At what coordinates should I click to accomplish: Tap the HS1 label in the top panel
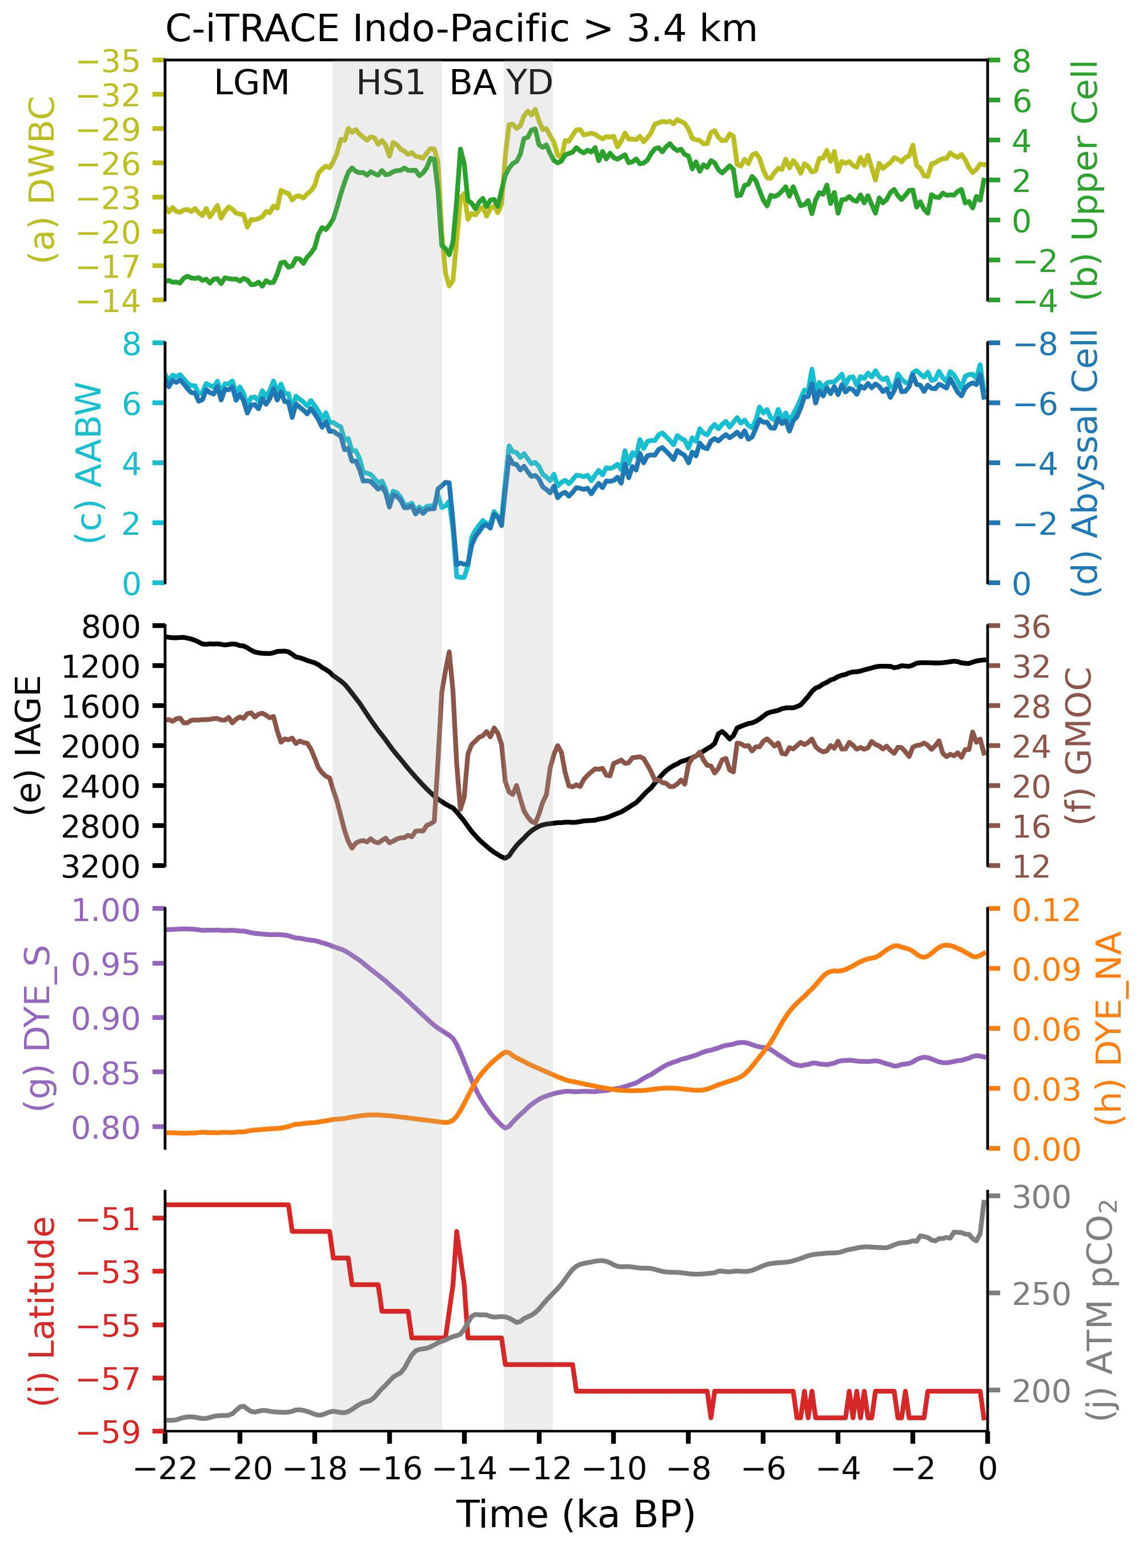click(390, 83)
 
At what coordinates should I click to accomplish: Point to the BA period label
click(473, 83)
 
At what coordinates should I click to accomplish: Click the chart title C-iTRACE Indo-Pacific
click(460, 29)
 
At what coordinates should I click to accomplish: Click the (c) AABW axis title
click(90, 463)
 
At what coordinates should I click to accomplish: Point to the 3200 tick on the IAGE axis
click(101, 867)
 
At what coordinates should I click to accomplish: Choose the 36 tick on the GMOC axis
click(1030, 627)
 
